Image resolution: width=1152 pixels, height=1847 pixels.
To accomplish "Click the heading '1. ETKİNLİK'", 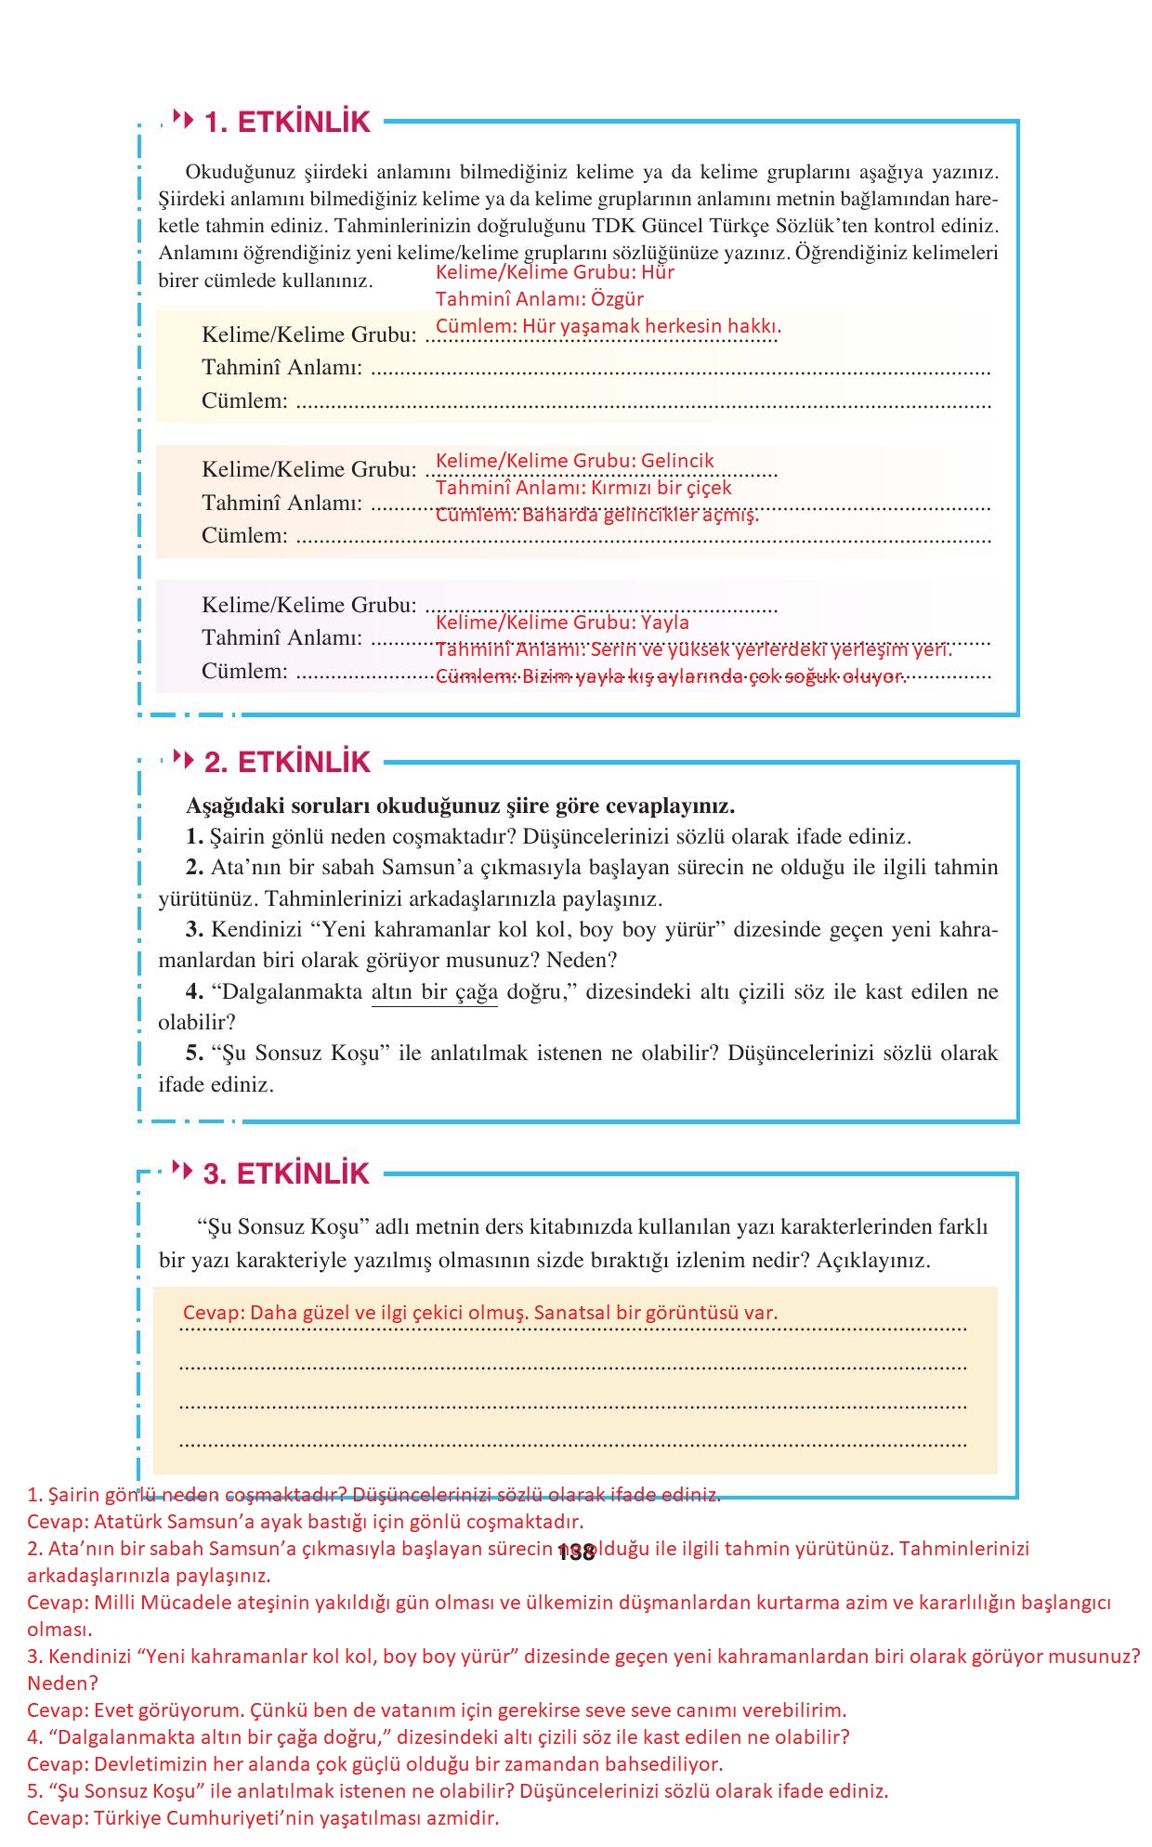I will coord(287,122).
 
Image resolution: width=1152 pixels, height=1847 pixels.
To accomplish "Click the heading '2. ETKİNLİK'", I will coord(287,762).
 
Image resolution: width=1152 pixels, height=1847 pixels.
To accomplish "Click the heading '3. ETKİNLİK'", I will coord(287,1173).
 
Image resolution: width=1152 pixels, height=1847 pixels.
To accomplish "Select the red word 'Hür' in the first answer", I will coord(658,272).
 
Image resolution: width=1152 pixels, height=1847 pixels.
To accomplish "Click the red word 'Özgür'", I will coord(617,299).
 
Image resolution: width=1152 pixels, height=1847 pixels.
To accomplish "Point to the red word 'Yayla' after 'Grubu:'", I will coord(665,622).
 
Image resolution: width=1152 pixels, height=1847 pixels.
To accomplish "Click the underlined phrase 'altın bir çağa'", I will coord(434,991).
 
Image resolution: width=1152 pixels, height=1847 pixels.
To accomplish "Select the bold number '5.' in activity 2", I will coord(194,1053).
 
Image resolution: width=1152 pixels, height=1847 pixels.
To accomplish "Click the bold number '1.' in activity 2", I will coord(194,836).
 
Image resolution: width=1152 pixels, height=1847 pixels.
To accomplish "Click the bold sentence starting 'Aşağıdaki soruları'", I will coord(460,806).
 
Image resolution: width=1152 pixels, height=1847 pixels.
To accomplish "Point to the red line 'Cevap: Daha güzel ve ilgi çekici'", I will coord(479,1313).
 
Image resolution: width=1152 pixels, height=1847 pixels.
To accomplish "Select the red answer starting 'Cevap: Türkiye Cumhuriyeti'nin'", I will coord(263,1818).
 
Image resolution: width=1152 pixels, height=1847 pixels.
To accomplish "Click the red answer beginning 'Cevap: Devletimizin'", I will coord(374,1763).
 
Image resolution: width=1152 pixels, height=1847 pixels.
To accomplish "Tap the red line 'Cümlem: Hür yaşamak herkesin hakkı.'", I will coord(609,326).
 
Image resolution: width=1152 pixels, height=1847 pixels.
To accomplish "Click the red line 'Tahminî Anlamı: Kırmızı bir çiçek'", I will coord(583,488).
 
